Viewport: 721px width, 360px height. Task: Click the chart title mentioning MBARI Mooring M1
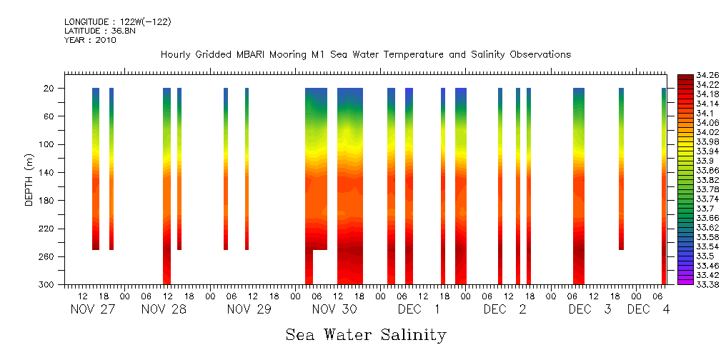click(366, 55)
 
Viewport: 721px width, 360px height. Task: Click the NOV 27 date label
click(93, 310)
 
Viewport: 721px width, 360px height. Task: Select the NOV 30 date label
click(334, 310)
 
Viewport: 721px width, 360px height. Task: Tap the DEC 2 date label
click(504, 310)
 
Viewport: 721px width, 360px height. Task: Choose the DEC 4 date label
click(649, 310)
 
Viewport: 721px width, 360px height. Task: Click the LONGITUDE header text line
click(117, 22)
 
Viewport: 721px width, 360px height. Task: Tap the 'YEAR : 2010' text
click(90, 40)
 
